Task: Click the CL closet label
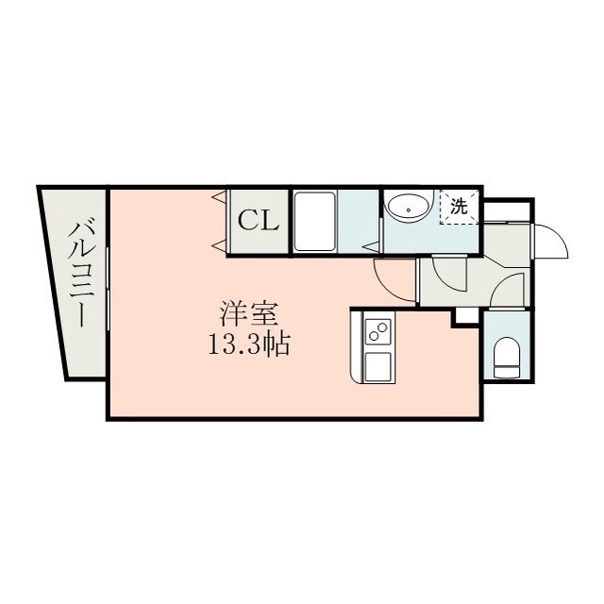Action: tap(258, 222)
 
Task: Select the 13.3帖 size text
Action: tap(249, 344)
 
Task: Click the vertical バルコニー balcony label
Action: tap(82, 272)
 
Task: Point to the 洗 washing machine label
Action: tap(460, 207)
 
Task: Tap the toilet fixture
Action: tap(507, 358)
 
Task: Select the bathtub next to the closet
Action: tap(314, 222)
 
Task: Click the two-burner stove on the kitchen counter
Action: tap(377, 331)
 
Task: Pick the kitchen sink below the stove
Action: tap(377, 366)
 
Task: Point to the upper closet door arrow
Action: tap(219, 197)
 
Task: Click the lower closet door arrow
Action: tap(219, 245)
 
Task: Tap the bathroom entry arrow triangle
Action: tap(371, 246)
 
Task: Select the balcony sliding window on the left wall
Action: tap(108, 288)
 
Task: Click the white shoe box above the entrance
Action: tap(506, 211)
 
